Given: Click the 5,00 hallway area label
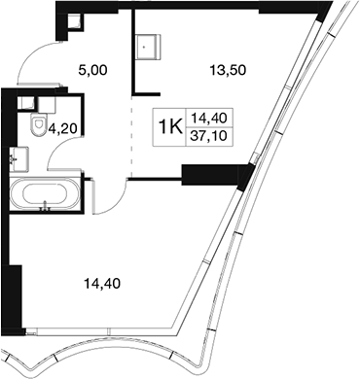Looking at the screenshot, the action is [x=92, y=70].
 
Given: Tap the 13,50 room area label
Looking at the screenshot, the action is [x=228, y=70].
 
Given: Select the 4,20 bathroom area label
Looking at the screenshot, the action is [x=62, y=129].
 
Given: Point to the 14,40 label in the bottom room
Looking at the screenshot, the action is [x=102, y=284].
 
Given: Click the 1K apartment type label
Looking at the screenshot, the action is [x=170, y=127].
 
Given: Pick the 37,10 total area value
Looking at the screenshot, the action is [x=208, y=136].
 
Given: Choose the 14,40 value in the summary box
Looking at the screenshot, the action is [x=208, y=119].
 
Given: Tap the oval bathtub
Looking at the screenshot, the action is [x=45, y=194].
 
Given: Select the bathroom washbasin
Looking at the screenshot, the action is [x=18, y=159].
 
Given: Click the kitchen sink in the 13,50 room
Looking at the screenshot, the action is [x=148, y=47].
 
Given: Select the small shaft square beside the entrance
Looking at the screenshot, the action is [x=75, y=21].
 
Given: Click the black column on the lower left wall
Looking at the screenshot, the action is [x=15, y=297].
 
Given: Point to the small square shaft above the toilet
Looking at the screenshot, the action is [x=25, y=103].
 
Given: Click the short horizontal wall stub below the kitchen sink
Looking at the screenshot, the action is [x=146, y=94].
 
